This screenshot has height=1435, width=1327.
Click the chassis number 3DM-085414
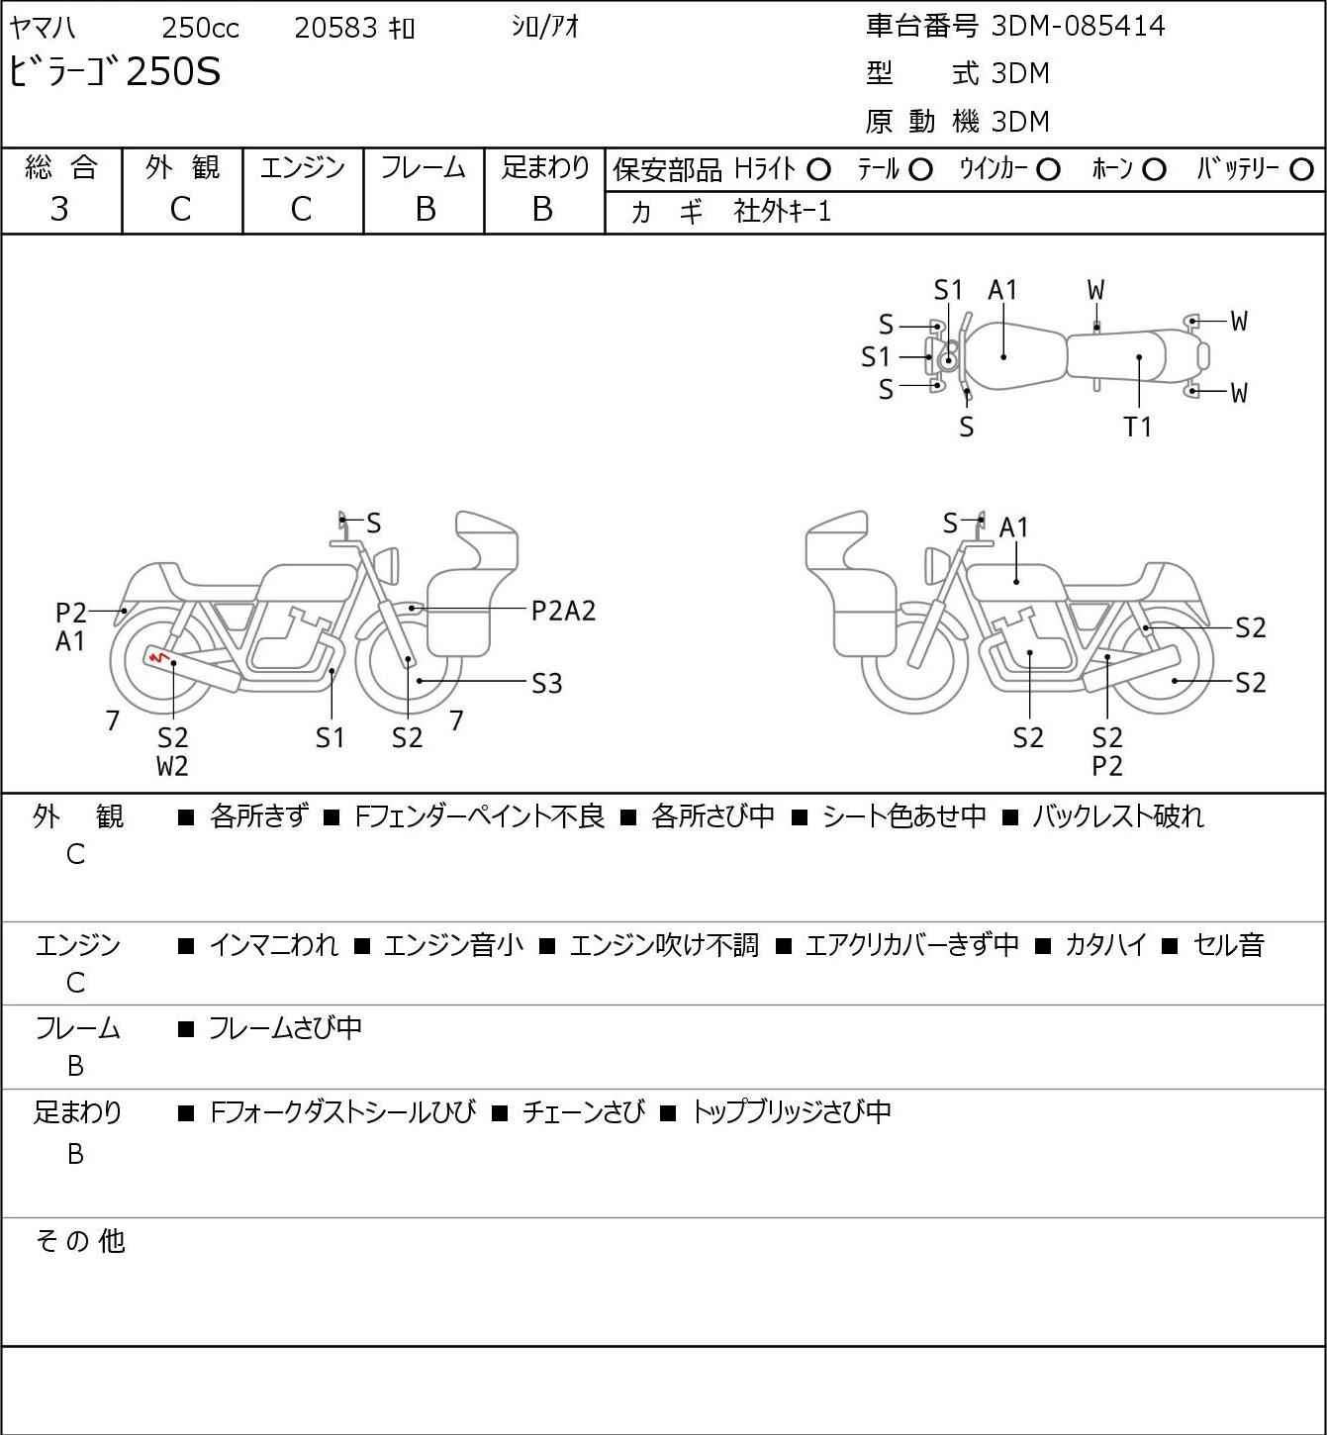1078,26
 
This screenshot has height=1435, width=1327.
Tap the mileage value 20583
335,28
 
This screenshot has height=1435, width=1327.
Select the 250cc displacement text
200,28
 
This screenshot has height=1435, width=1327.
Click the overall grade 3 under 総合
59,210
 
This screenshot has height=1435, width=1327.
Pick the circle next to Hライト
818,170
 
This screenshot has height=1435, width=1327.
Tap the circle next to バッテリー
1301,170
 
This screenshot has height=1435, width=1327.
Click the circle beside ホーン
1154,170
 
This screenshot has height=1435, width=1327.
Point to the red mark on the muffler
158,657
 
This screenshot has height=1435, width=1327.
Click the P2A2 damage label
563,612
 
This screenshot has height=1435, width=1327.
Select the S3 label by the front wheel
546,684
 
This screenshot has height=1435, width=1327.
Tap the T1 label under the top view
1137,427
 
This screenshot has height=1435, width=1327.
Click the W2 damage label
172,766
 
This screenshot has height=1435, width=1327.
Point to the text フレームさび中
285,1027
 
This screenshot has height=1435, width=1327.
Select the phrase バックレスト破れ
1117,816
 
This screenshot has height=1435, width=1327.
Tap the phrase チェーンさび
583,1112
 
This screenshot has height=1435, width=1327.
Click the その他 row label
80,1241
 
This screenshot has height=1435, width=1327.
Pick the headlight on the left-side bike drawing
387,565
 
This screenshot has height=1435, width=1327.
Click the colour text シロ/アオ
545,27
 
